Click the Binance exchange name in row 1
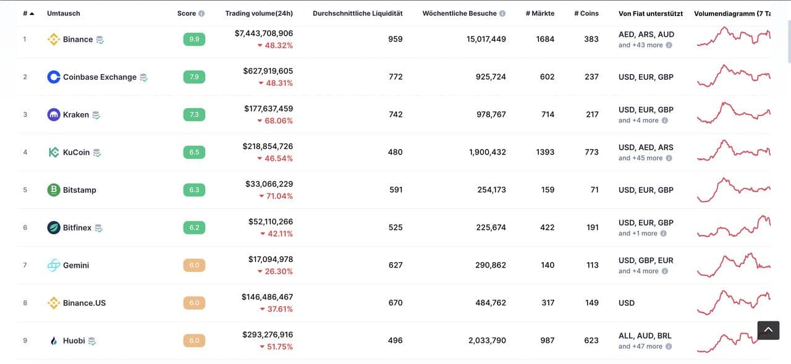(78, 40)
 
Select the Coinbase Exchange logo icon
(54, 77)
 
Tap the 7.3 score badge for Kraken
(194, 115)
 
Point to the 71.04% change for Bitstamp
(276, 197)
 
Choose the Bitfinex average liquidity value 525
(395, 227)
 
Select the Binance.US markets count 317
(548, 303)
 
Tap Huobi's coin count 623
(591, 341)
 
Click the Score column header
(187, 14)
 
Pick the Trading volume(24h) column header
(259, 14)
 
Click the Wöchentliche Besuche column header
(460, 14)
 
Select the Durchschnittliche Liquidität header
(357, 14)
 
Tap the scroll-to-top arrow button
(768, 330)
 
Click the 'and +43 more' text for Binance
(640, 45)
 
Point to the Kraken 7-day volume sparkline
(734, 114)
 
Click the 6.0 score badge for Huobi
(194, 341)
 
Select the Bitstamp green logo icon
(54, 190)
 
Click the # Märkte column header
(539, 14)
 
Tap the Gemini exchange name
(76, 265)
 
